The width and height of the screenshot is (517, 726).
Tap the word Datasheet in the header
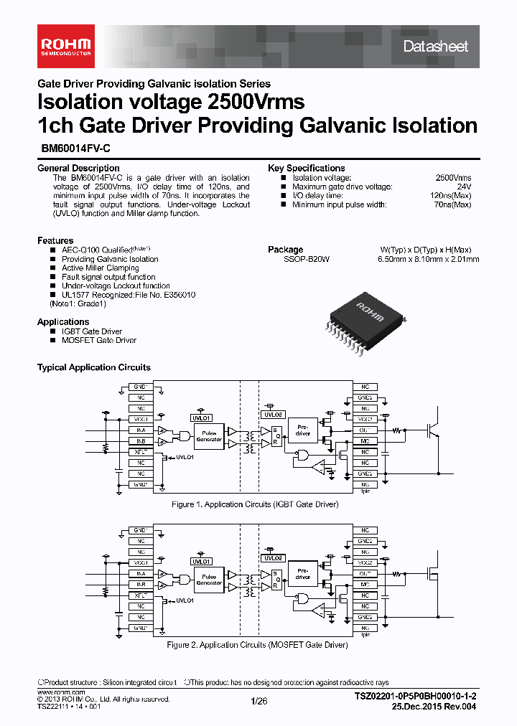[x=435, y=47]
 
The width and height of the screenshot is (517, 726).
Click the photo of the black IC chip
[x=359, y=320]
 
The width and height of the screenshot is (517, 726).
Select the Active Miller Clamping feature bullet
[x=100, y=268]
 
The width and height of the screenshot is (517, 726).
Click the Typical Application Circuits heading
[x=94, y=367]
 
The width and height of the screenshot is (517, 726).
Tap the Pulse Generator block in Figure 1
[x=209, y=437]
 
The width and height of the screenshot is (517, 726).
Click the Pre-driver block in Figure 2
[x=302, y=573]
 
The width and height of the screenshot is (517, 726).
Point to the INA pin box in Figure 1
[x=141, y=430]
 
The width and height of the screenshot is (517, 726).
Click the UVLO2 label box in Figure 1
[x=274, y=415]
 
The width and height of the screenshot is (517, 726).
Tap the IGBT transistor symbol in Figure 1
[x=433, y=429]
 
